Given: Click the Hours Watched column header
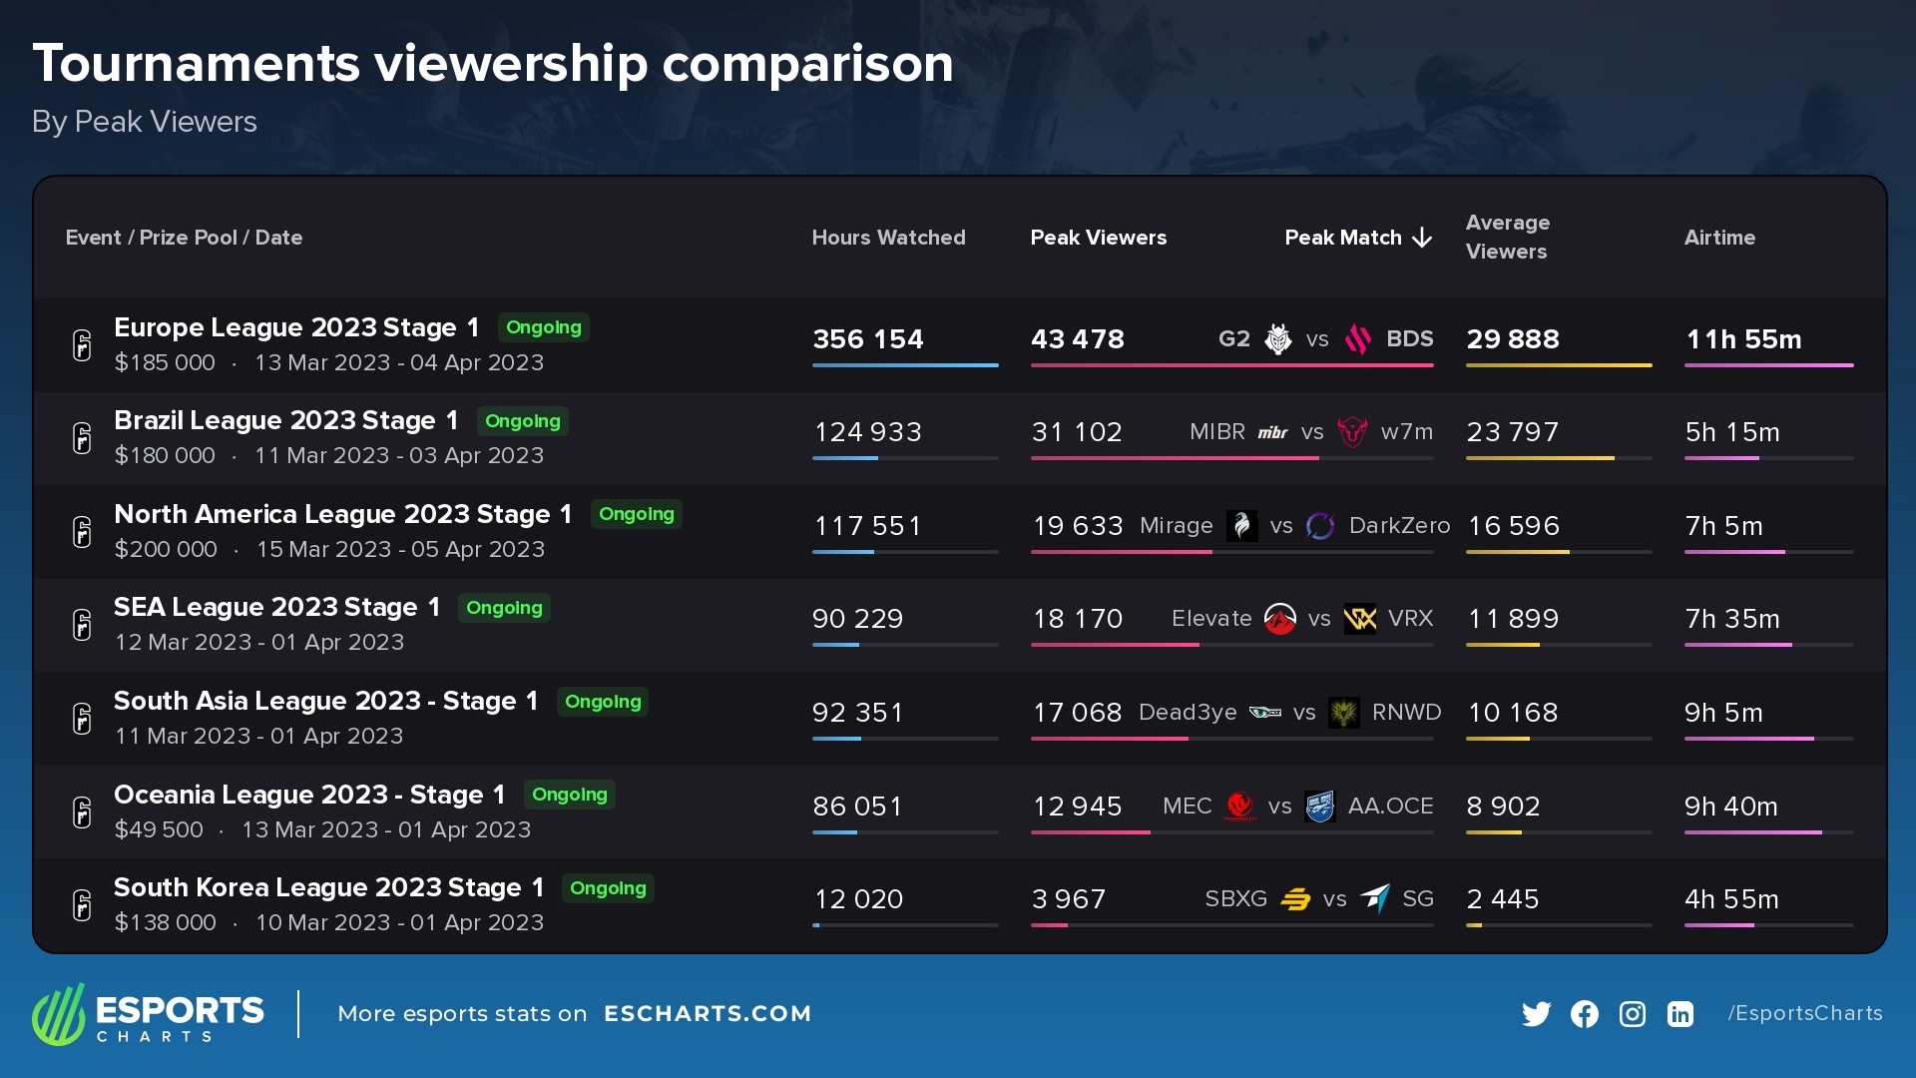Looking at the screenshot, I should coord(888,238).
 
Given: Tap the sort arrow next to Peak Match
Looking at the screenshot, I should coord(1423,238).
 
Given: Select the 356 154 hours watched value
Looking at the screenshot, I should coord(868,339).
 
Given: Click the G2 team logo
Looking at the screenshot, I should coord(1277,339).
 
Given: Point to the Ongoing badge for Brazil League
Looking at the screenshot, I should coord(522,421).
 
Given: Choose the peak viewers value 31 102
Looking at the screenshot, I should coord(1077,432).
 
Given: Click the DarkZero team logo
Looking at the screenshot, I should coord(1320,526).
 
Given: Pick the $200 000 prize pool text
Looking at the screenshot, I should coord(166,549).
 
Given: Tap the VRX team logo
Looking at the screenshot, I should coord(1360,619).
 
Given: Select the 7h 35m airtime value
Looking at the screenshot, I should coord(1732,619).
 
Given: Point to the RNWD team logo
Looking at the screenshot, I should coord(1344,713).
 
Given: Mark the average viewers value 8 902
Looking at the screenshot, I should coord(1503,807).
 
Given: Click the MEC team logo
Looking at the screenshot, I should coord(1240,807).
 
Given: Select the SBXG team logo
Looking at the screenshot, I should coord(1295,899).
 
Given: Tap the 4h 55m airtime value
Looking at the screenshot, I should coord(1731,899).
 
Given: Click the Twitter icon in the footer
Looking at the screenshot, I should coord(1537,1014).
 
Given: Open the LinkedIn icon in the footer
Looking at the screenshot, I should coord(1680,1014).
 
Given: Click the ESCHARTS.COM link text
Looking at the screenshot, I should coord(708,1014).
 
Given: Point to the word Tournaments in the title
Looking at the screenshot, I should coord(196,64).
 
